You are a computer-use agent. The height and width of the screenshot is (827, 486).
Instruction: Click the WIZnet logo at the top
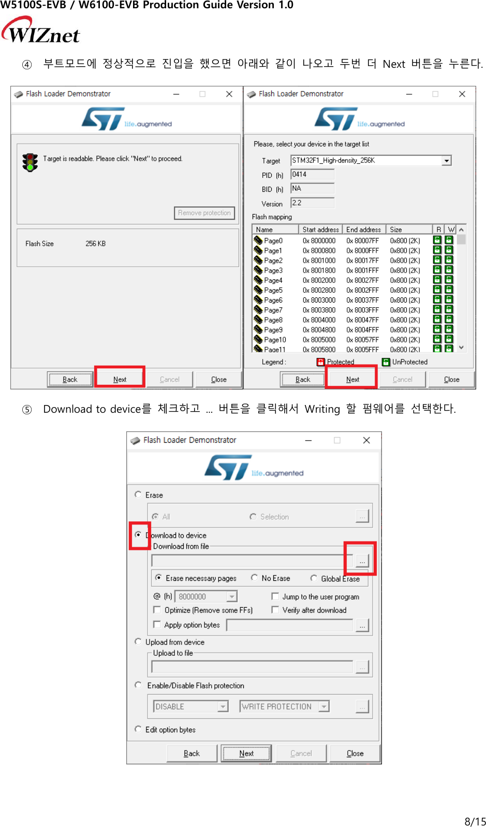41,31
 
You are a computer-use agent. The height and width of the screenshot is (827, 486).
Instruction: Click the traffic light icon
30,162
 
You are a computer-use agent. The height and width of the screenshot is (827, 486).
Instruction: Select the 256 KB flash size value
95,244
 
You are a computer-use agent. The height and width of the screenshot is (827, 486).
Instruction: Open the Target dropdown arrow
446,161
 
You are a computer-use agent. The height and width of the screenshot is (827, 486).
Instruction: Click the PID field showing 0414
312,175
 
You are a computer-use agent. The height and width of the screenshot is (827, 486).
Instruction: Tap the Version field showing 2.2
312,203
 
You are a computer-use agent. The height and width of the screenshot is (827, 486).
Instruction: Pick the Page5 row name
273,290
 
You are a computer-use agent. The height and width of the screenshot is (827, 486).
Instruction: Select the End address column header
363,230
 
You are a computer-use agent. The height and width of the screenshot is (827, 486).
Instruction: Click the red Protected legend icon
320,362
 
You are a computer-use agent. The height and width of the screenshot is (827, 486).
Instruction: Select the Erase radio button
138,494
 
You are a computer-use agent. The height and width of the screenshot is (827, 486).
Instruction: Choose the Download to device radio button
138,535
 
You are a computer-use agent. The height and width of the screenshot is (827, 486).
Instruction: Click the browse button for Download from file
362,561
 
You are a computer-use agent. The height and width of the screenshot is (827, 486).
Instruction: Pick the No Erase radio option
255,578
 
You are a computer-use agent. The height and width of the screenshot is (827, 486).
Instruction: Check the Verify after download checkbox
275,610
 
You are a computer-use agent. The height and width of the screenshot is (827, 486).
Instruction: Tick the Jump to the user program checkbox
275,596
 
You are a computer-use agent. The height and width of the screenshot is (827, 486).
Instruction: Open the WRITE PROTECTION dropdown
324,706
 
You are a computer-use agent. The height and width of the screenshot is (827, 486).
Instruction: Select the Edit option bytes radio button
138,729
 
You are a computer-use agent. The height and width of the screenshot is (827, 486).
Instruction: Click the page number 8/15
475,821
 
